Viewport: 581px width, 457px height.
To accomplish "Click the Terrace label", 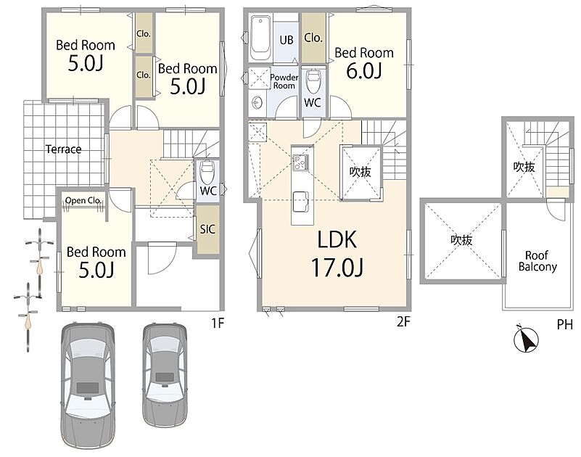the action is (x=63, y=149).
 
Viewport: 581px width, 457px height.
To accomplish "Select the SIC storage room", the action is (x=207, y=229).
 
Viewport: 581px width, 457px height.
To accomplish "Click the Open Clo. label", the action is (x=83, y=200).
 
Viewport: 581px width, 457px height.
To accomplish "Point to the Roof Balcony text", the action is (x=537, y=261).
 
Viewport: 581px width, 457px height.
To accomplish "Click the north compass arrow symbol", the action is (x=527, y=338).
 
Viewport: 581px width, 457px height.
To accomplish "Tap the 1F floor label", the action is (x=218, y=323).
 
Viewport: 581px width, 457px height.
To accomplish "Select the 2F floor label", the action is (x=403, y=322).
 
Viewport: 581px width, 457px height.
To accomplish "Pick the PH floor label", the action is (x=565, y=325).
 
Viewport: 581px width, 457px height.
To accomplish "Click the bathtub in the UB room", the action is (x=260, y=37).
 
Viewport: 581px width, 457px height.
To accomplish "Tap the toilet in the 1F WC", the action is (x=207, y=170).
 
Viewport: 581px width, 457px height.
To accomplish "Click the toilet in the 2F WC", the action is (x=313, y=81).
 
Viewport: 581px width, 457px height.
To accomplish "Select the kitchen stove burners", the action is (x=300, y=162).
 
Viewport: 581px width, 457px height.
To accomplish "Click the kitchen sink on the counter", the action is (x=301, y=201).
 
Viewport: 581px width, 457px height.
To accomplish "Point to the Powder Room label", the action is (x=284, y=81).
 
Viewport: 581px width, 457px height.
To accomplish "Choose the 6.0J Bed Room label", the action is (x=364, y=63).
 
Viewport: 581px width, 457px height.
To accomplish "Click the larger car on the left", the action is (x=88, y=385).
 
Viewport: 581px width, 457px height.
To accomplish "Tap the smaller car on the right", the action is (x=165, y=376).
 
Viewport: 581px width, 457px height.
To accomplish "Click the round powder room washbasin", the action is (x=257, y=102).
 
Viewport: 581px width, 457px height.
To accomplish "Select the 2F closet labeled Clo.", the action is (x=313, y=38).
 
